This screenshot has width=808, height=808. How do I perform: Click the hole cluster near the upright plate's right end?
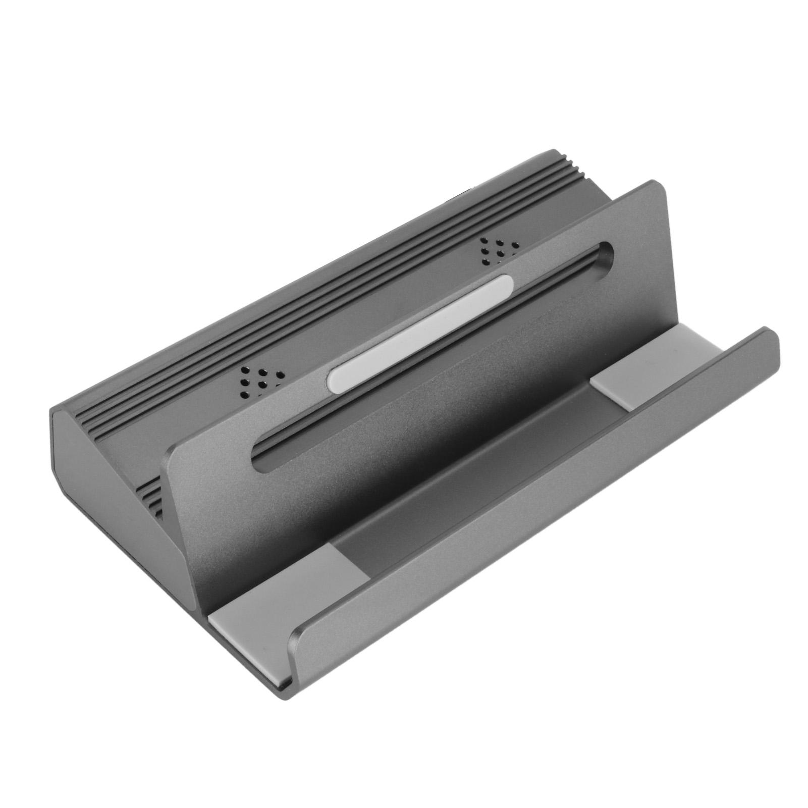(x=498, y=248)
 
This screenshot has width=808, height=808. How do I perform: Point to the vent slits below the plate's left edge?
(x=150, y=494)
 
